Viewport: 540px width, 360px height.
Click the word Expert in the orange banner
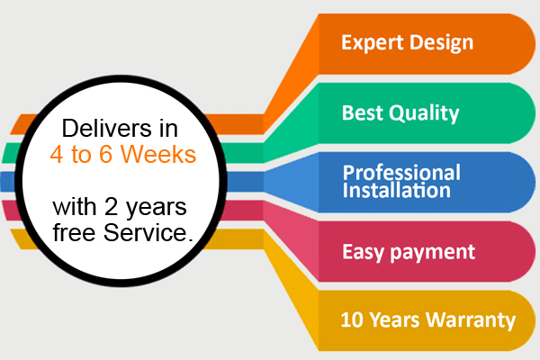click(373, 43)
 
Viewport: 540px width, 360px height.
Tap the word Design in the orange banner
click(442, 43)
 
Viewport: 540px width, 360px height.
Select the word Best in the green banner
click(363, 112)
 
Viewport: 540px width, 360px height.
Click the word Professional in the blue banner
click(401, 173)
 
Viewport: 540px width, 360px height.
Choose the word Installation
click(396, 190)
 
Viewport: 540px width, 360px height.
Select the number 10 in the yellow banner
click(352, 320)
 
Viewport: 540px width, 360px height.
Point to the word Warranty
click(471, 320)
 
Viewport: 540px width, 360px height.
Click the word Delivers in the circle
click(106, 128)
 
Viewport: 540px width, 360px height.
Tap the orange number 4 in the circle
click(57, 154)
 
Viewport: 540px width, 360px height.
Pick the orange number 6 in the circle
click(105, 154)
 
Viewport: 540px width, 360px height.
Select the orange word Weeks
click(158, 154)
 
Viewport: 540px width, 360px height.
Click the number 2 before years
click(111, 207)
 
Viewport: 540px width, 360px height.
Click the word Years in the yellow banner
click(394, 320)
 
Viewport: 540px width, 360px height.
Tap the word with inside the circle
click(75, 207)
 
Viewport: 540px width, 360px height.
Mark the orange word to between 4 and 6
click(81, 155)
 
